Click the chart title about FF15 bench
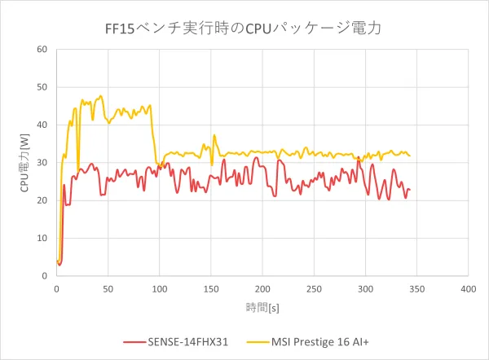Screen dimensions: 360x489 tap(244, 27)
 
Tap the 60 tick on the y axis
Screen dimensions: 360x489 tap(42, 50)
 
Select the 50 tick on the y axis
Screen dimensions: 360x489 tap(42, 87)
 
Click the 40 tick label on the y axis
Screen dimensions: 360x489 tap(42, 125)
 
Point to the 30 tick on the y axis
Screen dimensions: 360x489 tap(42, 163)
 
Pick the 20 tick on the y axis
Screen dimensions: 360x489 tap(42, 200)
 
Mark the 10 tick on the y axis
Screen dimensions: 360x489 tap(42, 239)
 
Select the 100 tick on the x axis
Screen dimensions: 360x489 tap(159, 289)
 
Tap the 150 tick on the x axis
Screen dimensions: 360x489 tap(210, 289)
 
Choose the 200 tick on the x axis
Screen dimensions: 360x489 tap(262, 289)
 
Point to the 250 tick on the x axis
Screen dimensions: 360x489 tap(313, 289)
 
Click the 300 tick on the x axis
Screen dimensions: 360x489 tap(364, 289)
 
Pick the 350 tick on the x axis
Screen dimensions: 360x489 tap(416, 289)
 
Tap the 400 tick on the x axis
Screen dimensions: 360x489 tap(468, 289)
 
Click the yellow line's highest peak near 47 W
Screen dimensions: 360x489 tap(100, 96)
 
